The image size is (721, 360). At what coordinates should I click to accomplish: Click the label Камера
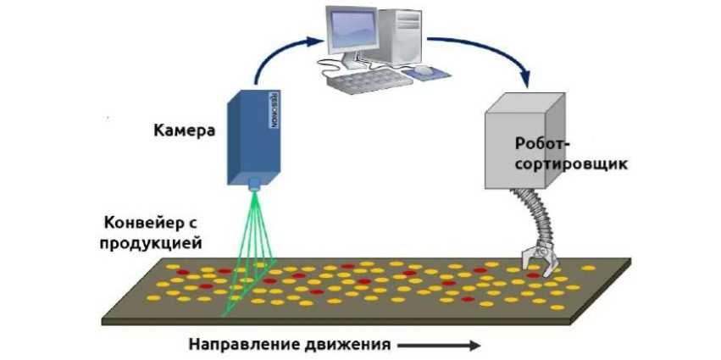[x=184, y=131]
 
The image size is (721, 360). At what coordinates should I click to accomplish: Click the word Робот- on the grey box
[x=541, y=145]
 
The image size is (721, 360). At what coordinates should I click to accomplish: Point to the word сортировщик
[x=572, y=163]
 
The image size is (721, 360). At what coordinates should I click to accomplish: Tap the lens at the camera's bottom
[x=254, y=182]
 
